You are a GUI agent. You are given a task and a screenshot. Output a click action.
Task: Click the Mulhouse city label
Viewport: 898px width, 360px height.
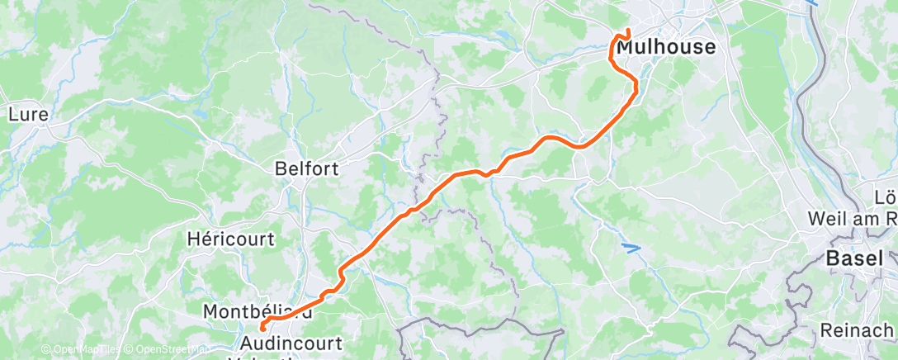(x=666, y=48)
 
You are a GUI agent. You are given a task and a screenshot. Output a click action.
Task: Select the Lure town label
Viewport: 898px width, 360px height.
(x=29, y=115)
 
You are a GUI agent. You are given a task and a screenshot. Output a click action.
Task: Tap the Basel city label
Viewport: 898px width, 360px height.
(x=850, y=259)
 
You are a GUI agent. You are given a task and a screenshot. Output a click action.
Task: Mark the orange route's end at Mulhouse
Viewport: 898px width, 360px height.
(x=628, y=31)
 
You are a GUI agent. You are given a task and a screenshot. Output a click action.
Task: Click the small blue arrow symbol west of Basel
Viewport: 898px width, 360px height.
(x=631, y=246)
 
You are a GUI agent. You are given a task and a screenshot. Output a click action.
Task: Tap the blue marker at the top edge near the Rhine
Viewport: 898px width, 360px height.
(x=812, y=3)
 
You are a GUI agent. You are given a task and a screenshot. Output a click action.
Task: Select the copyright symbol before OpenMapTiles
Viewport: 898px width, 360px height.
(x=46, y=350)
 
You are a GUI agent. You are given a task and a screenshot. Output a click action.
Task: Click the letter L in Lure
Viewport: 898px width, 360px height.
(x=12, y=115)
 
